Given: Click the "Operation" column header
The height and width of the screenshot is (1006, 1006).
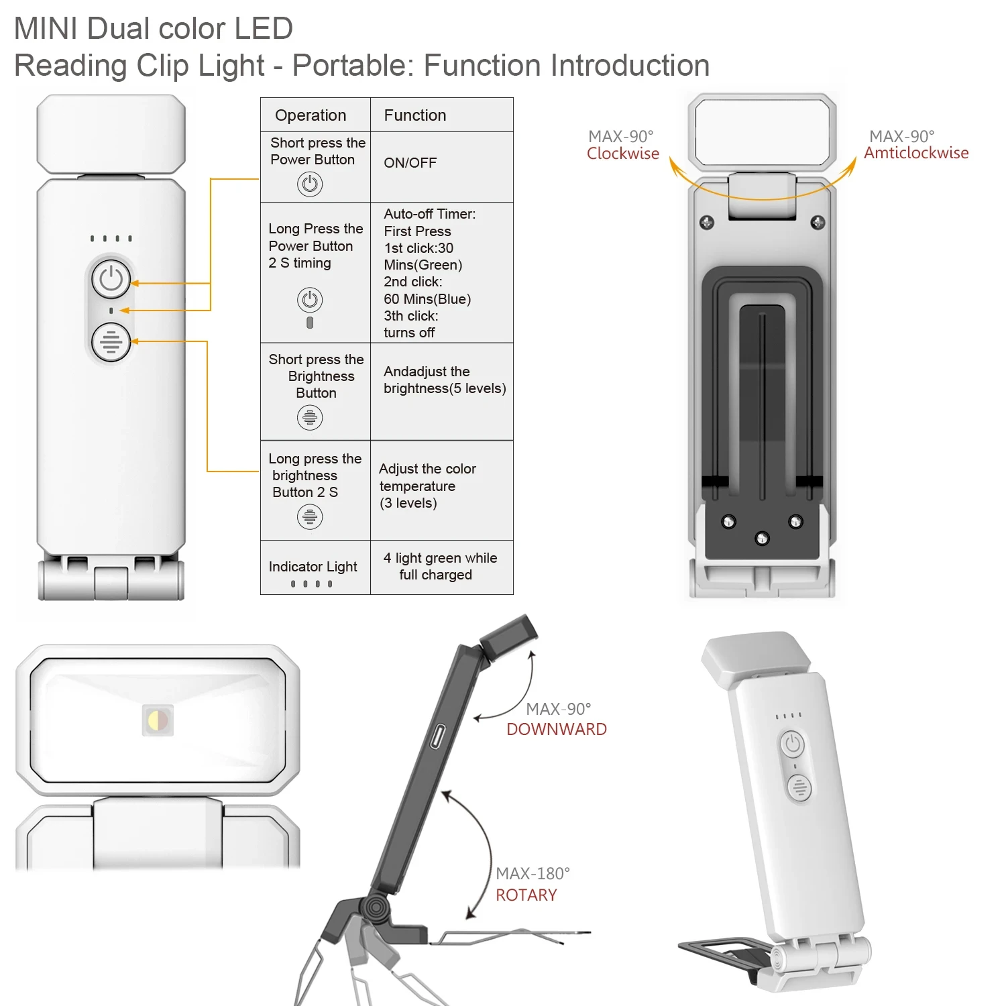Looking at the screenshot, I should (x=311, y=115).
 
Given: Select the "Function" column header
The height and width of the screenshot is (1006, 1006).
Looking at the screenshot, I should (x=414, y=115).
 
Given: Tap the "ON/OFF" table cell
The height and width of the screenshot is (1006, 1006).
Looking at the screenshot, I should (x=410, y=163).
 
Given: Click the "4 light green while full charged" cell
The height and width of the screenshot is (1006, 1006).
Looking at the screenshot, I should (x=440, y=567).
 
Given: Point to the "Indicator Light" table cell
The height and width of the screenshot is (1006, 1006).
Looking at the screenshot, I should (x=313, y=567).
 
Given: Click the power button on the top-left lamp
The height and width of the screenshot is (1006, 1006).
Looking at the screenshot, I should (x=111, y=279).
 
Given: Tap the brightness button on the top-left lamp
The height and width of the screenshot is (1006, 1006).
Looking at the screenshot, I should (x=111, y=342).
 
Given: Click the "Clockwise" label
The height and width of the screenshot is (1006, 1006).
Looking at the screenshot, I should (x=622, y=154).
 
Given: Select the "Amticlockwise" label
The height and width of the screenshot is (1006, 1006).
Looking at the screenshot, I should (x=915, y=153).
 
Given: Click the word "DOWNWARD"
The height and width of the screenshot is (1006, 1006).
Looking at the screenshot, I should (x=556, y=730).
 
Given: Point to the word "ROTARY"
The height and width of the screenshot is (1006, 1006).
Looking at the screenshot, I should (x=526, y=895).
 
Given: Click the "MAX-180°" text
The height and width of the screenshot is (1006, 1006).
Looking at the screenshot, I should (x=533, y=873).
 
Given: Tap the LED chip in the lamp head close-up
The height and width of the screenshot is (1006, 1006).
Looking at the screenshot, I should (x=158, y=720).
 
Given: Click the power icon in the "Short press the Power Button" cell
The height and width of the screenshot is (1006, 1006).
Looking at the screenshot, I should (x=310, y=184).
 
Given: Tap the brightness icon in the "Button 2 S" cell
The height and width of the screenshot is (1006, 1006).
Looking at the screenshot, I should (x=310, y=516).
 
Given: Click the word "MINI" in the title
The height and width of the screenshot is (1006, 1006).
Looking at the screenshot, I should (x=46, y=29).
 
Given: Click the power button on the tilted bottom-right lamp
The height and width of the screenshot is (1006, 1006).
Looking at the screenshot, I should (x=793, y=744).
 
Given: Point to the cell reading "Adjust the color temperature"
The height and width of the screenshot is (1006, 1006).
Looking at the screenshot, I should (x=427, y=486).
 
